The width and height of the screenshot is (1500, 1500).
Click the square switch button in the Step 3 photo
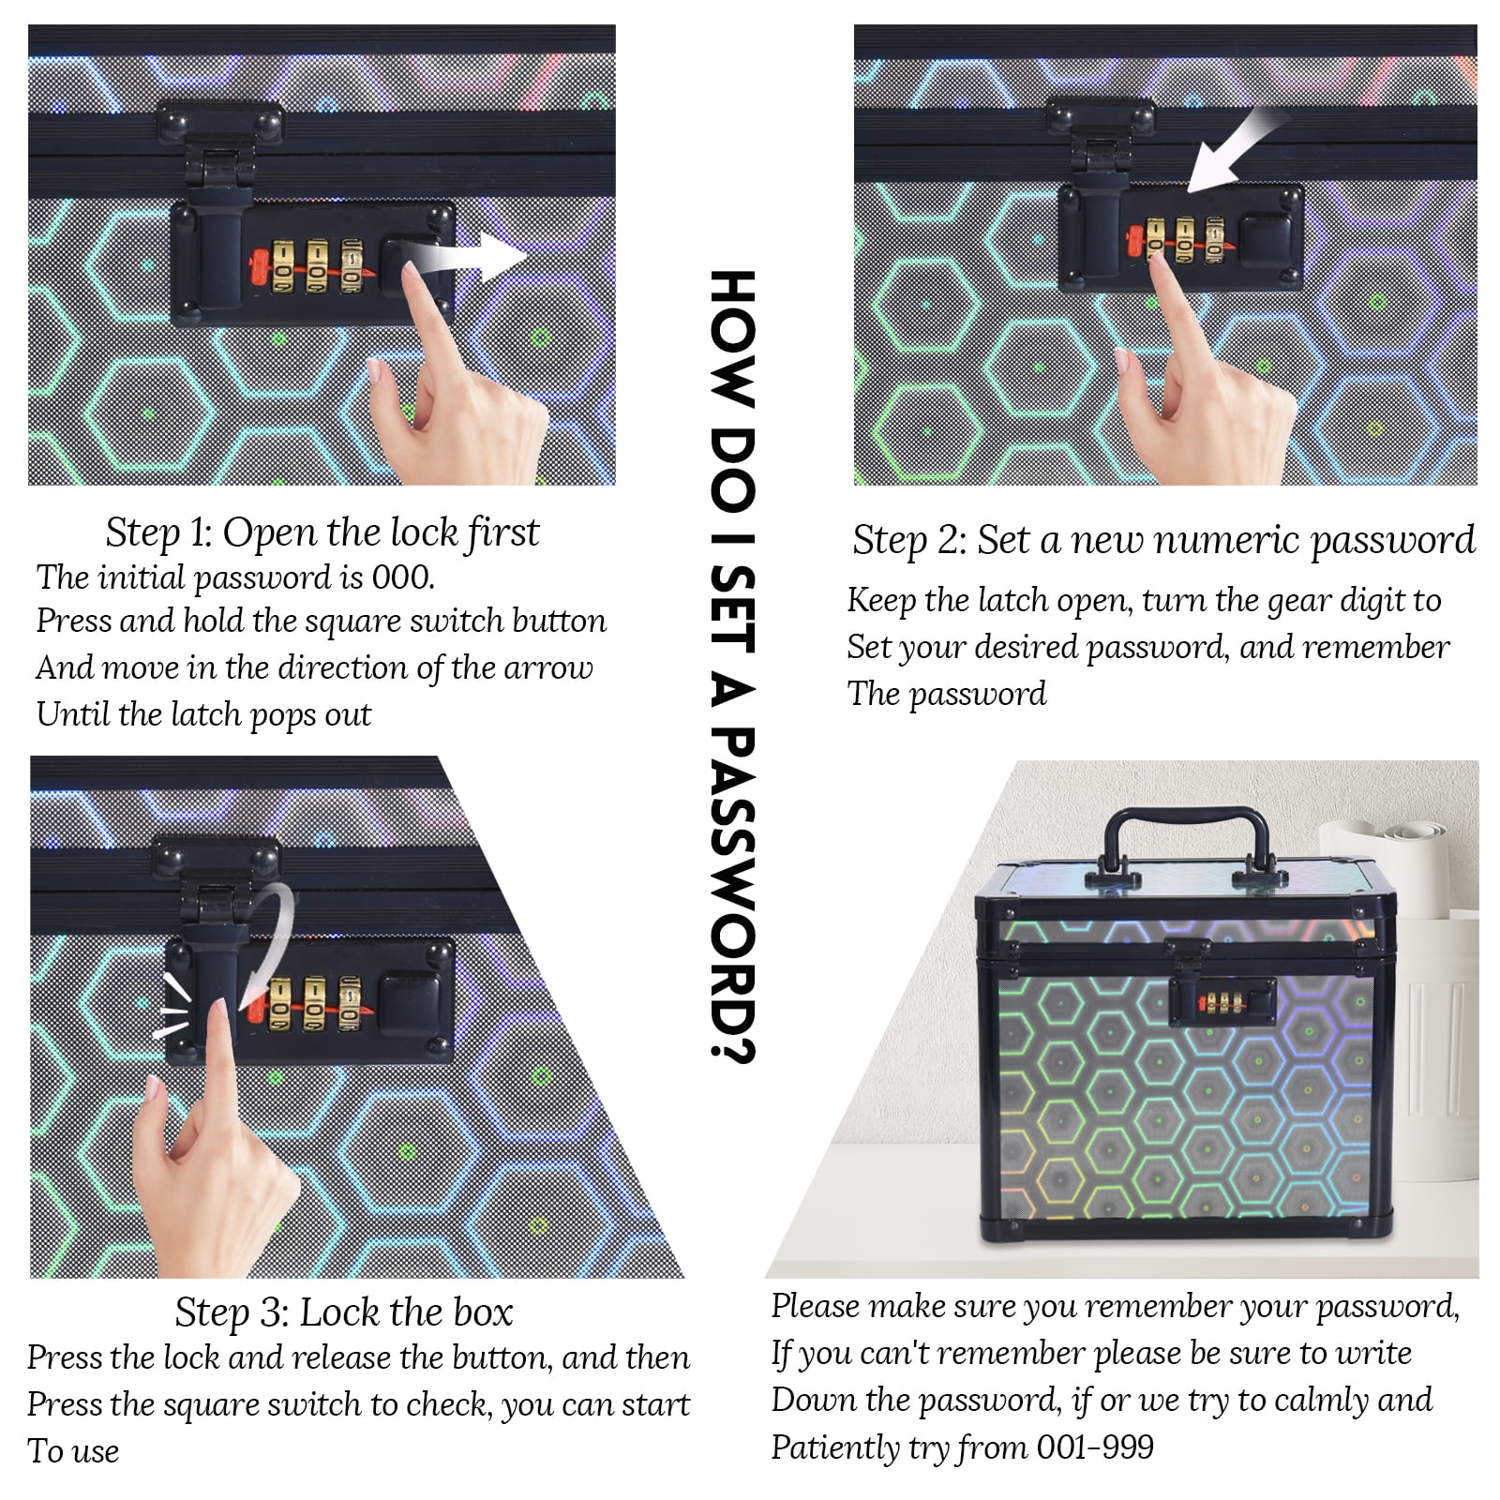[x=411, y=1004]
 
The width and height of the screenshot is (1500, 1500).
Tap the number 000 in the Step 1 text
[x=403, y=577]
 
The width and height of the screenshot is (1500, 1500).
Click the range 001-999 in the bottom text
[x=1095, y=1447]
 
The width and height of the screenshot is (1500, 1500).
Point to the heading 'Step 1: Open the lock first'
[x=322, y=532]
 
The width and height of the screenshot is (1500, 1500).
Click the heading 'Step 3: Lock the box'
[x=344, y=1312]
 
